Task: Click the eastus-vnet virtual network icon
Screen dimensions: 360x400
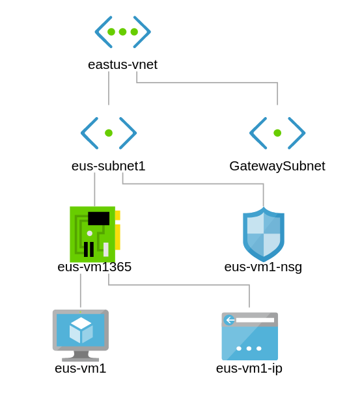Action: click(x=123, y=32)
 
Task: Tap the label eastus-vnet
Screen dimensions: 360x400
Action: click(x=123, y=64)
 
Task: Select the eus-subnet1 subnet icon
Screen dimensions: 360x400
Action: click(x=109, y=133)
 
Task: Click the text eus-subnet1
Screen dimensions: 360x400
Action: click(x=109, y=166)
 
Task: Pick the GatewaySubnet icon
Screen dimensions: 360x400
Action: click(x=277, y=133)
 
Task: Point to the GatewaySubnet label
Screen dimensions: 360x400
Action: click(x=277, y=167)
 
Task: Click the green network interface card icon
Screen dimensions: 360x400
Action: click(x=95, y=234)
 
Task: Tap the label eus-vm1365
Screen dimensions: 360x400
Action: click(x=94, y=267)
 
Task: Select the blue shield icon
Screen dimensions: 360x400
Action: click(x=264, y=234)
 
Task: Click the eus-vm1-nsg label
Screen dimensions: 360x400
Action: click(x=263, y=267)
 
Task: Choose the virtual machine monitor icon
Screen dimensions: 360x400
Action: click(x=81, y=335)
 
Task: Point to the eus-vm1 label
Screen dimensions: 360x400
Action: click(x=81, y=368)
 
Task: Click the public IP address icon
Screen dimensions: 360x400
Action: click(x=250, y=336)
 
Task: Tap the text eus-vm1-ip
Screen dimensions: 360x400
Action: click(x=249, y=369)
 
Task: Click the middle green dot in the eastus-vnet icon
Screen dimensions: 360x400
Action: click(x=122, y=32)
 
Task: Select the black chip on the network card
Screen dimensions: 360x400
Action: click(x=99, y=219)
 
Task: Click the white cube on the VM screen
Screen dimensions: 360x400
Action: click(x=81, y=330)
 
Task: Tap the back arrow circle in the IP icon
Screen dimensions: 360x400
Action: click(x=229, y=320)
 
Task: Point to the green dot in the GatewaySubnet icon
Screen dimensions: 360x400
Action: click(x=277, y=133)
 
